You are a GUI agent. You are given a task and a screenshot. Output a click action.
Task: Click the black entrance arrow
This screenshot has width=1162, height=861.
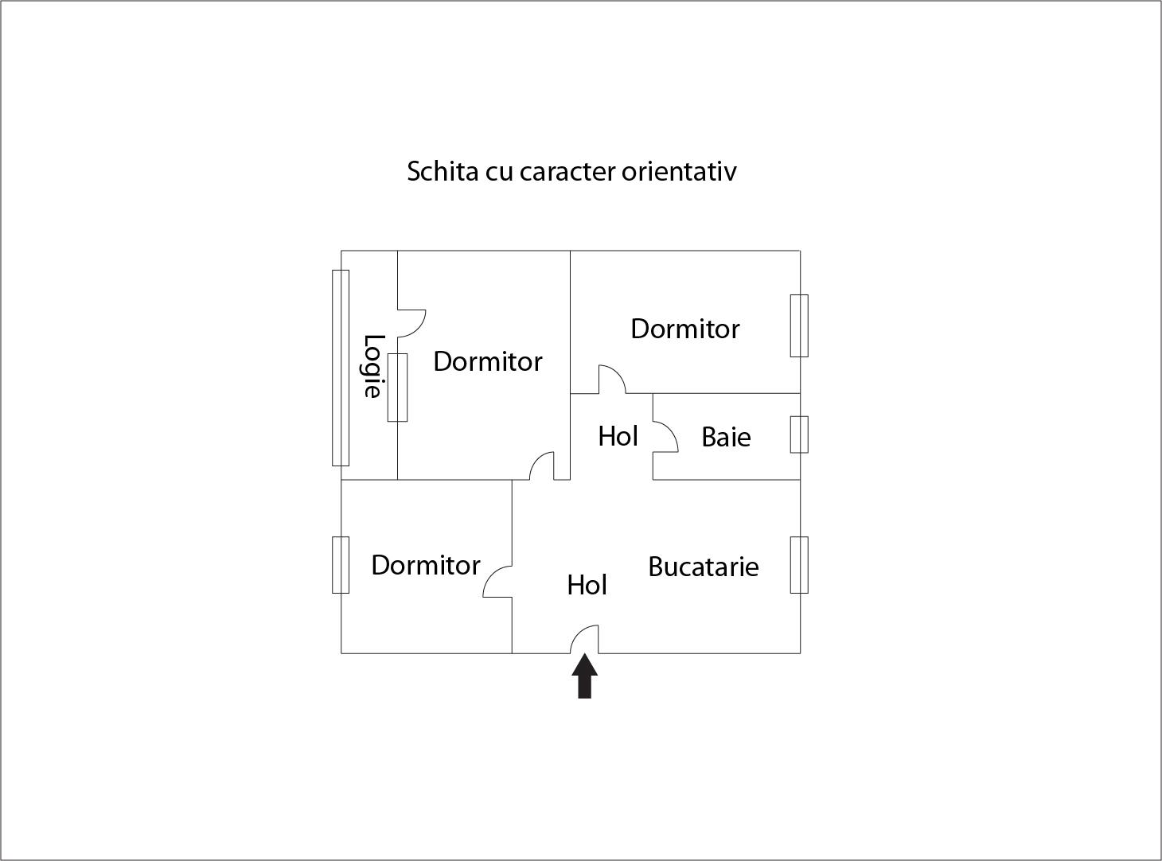click(x=584, y=676)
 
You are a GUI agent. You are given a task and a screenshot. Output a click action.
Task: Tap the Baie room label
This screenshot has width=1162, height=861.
click(x=726, y=437)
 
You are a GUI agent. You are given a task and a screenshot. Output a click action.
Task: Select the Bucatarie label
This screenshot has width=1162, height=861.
click(x=703, y=567)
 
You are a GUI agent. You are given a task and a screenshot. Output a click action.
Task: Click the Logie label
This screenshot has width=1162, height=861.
click(x=372, y=366)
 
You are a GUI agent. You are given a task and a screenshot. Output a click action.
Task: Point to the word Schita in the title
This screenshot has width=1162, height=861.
click(x=443, y=171)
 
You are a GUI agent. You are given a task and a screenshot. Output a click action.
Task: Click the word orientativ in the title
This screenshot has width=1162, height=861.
click(x=679, y=171)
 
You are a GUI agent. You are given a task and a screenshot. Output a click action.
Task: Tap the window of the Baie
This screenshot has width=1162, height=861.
click(x=799, y=434)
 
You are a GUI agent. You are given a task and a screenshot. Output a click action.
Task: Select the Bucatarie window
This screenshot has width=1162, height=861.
click(x=799, y=565)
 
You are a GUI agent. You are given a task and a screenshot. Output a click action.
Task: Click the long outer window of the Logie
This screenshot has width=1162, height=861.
click(x=341, y=368)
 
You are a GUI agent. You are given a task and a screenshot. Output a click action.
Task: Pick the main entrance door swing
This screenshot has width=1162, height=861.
click(x=584, y=639)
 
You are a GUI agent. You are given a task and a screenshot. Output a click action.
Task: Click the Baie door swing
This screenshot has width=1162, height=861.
click(x=666, y=438)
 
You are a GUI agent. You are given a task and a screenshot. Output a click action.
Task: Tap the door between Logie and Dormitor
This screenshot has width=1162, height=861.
click(x=411, y=323)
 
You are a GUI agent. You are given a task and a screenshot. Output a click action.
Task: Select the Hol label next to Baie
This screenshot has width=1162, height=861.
click(x=618, y=437)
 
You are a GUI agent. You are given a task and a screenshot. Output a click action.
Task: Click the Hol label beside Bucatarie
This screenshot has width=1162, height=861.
click(x=587, y=585)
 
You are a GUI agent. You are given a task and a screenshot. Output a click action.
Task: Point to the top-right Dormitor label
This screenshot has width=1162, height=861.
click(x=684, y=329)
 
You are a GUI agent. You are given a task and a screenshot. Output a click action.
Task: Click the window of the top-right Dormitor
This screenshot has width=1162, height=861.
click(x=799, y=326)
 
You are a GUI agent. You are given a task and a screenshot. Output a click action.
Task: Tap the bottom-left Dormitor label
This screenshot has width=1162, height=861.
click(x=425, y=565)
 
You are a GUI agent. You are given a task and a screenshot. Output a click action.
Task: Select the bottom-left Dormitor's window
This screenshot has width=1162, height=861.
click(x=341, y=565)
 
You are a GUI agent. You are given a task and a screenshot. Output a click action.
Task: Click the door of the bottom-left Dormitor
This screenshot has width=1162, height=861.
click(x=497, y=582)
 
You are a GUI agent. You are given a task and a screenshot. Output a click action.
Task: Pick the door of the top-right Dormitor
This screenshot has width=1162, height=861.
click(x=612, y=380)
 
